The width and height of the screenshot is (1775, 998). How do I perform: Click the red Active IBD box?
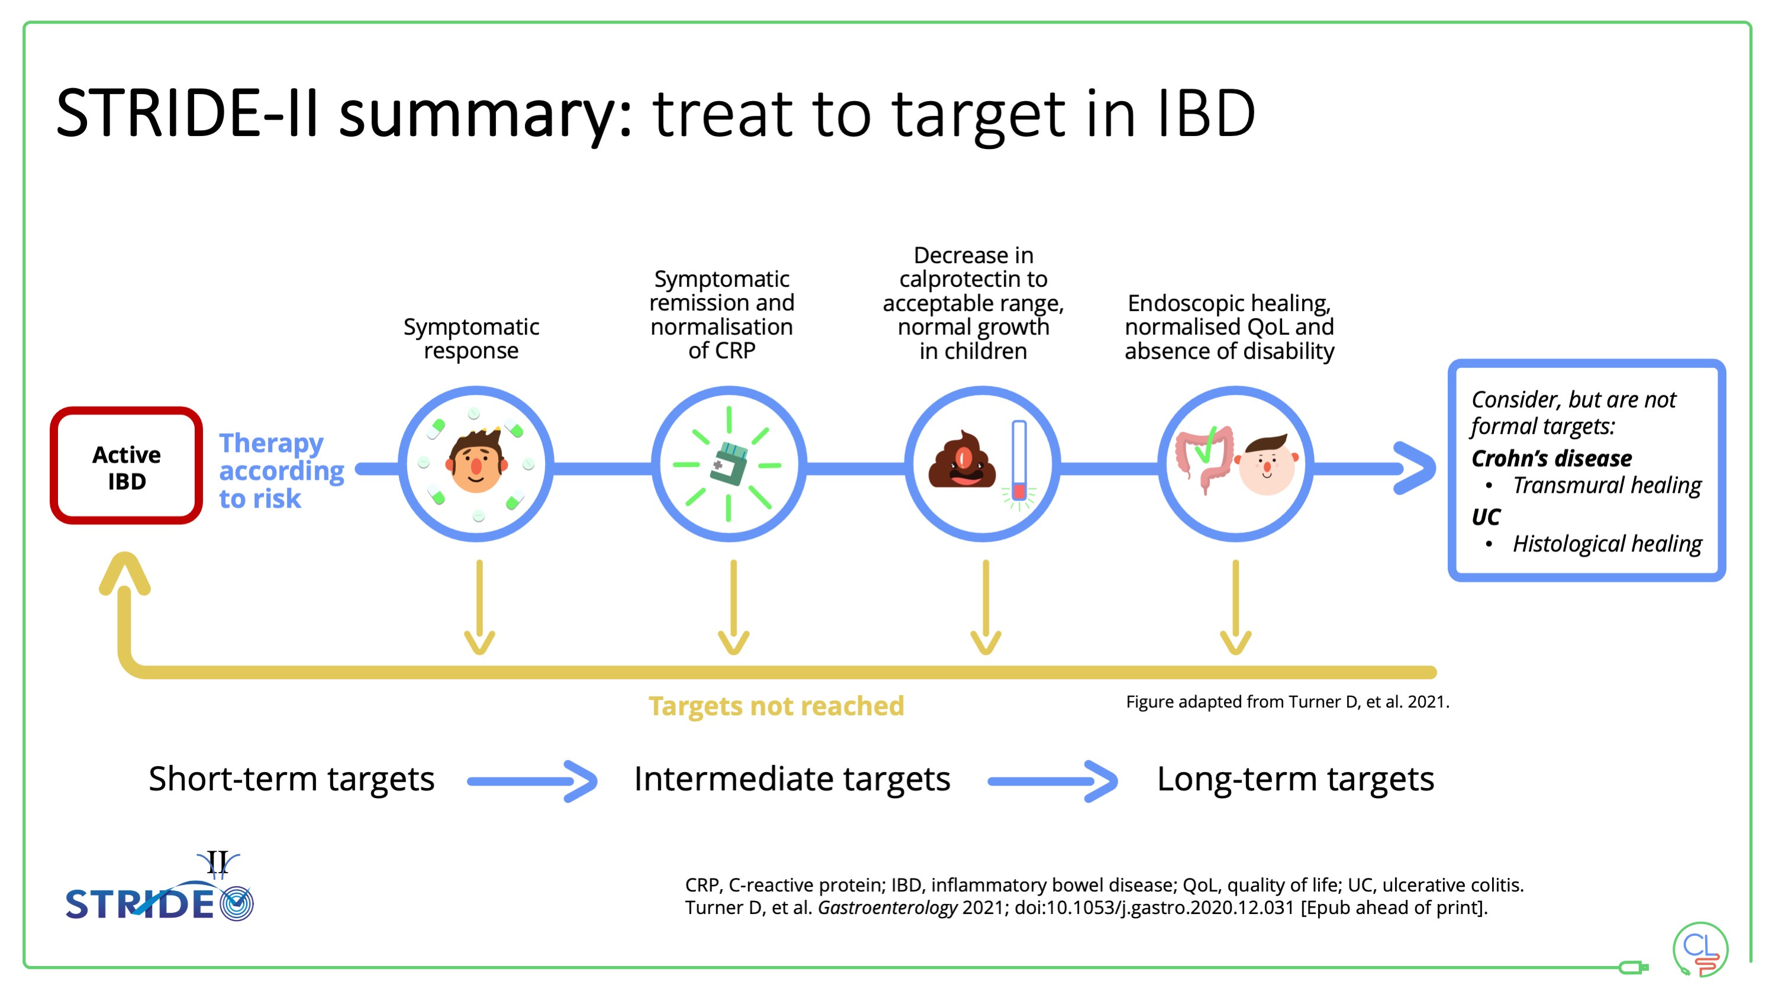pyautogui.click(x=126, y=466)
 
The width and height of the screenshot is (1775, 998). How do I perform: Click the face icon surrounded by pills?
pyautogui.click(x=475, y=463)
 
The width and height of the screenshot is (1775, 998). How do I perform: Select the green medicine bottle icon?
pyautogui.click(x=729, y=464)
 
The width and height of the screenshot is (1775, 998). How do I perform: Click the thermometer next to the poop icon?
pyautogui.click(x=1019, y=461)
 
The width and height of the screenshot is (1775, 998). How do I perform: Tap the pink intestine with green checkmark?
pyautogui.click(x=1205, y=457)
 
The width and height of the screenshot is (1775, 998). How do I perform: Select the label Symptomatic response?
pyautogui.click(x=471, y=338)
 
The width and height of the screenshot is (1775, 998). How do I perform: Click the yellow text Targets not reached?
pyautogui.click(x=776, y=706)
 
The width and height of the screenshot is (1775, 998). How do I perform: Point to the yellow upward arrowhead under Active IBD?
pyautogui.click(x=125, y=573)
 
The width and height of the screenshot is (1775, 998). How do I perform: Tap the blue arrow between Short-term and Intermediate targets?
pyautogui.click(x=532, y=781)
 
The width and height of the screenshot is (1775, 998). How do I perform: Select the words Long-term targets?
pyautogui.click(x=1295, y=779)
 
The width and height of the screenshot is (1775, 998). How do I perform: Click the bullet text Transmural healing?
pyautogui.click(x=1606, y=486)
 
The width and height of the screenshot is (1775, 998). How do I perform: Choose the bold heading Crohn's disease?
pyautogui.click(x=1551, y=458)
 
